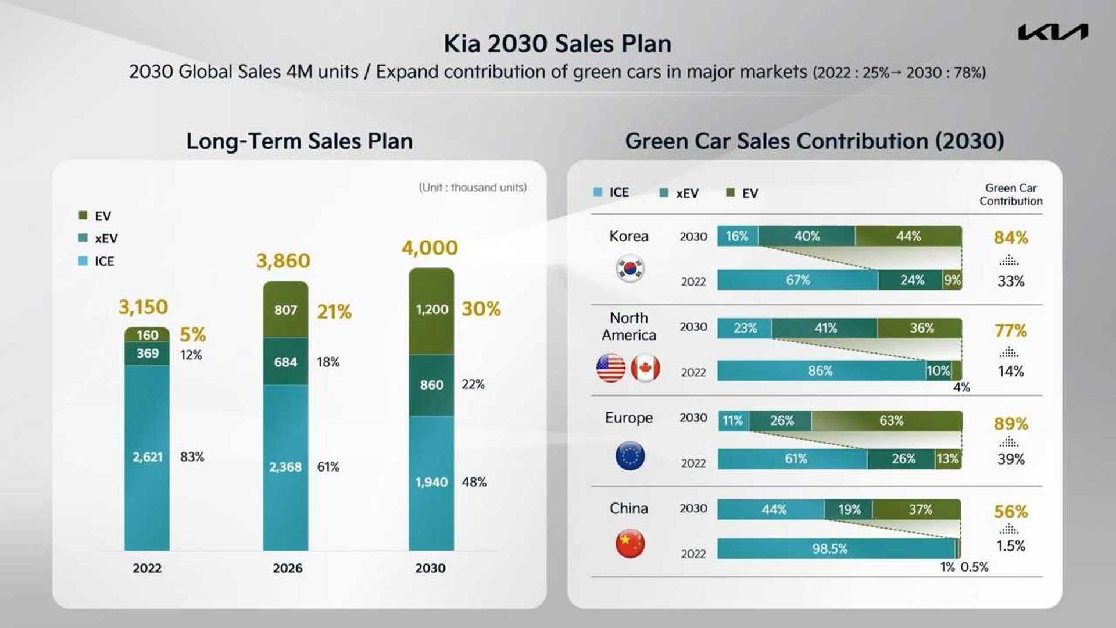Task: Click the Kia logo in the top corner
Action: pos(1053,32)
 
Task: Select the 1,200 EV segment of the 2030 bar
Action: pos(431,310)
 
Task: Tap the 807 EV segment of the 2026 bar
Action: pos(285,310)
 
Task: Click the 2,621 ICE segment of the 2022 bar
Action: pos(147,457)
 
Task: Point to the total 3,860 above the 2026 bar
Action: pos(283,261)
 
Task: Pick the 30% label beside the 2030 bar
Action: pos(481,309)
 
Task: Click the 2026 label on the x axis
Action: pos(287,568)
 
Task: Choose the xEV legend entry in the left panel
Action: pos(99,238)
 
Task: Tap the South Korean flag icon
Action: pos(629,269)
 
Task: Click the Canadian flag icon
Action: pos(645,368)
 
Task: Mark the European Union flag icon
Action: pos(629,455)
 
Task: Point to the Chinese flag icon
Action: pos(629,544)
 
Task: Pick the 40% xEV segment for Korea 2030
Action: pos(807,236)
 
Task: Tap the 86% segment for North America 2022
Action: pos(820,371)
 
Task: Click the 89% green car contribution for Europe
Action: pos(1010,423)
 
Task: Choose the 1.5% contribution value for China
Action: pos(1010,546)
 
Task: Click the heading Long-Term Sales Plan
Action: pos(299,141)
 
